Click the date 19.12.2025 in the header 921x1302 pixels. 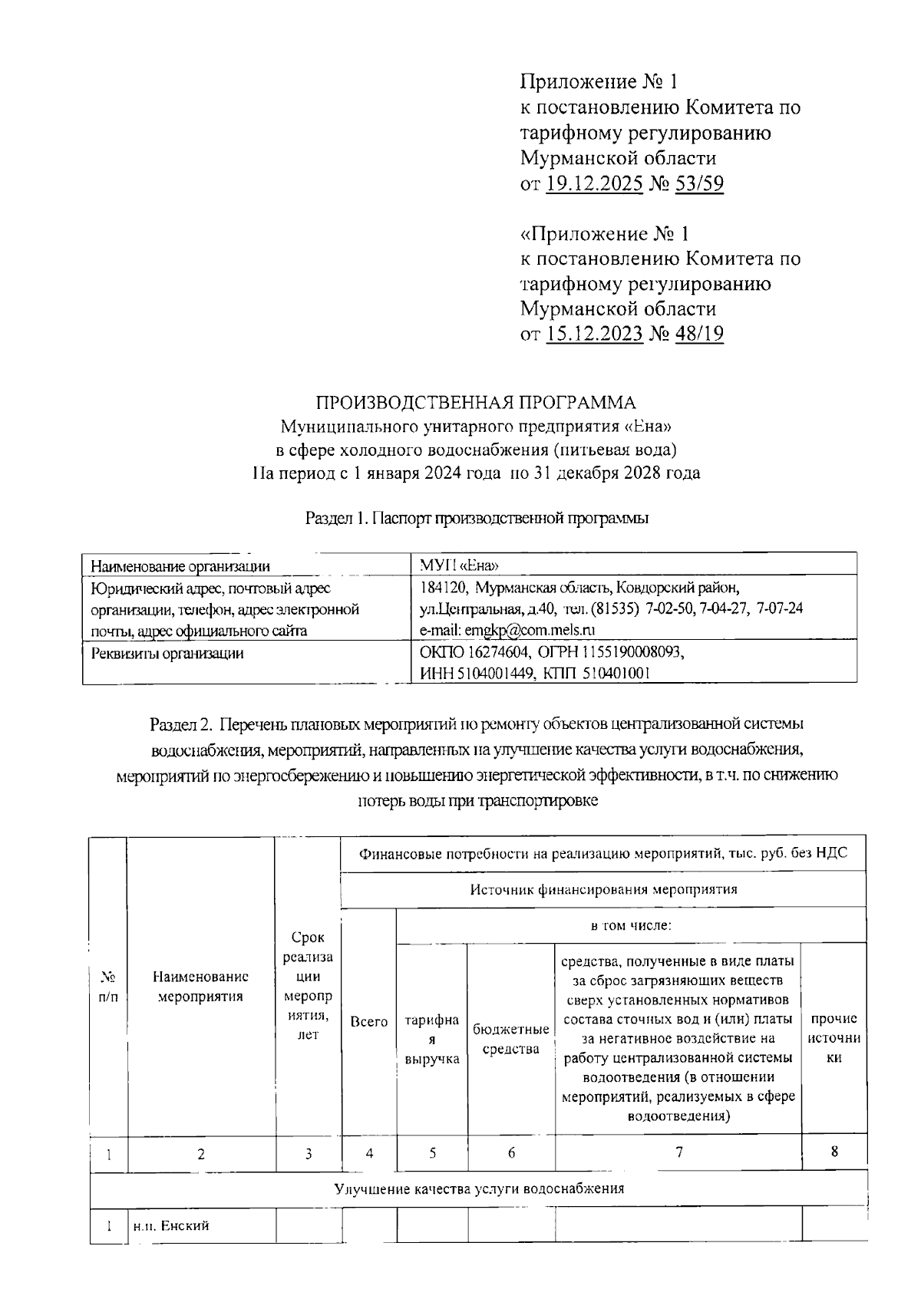(595, 184)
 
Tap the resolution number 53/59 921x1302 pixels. (698, 184)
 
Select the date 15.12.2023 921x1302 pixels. (595, 334)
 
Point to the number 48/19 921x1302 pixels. (698, 334)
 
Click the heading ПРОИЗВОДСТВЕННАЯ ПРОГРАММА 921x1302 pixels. (477, 403)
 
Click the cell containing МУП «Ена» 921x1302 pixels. (460, 566)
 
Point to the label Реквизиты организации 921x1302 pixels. (167, 654)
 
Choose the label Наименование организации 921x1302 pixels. (180, 567)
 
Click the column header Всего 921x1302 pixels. (368, 1022)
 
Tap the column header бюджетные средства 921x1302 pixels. (511, 1039)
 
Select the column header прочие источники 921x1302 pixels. (834, 1038)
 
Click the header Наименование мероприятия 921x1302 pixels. (200, 987)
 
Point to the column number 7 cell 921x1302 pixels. (678, 1152)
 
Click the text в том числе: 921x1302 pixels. (631, 925)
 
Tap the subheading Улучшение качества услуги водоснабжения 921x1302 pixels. (479, 1189)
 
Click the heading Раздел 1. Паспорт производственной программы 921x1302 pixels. (477, 519)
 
